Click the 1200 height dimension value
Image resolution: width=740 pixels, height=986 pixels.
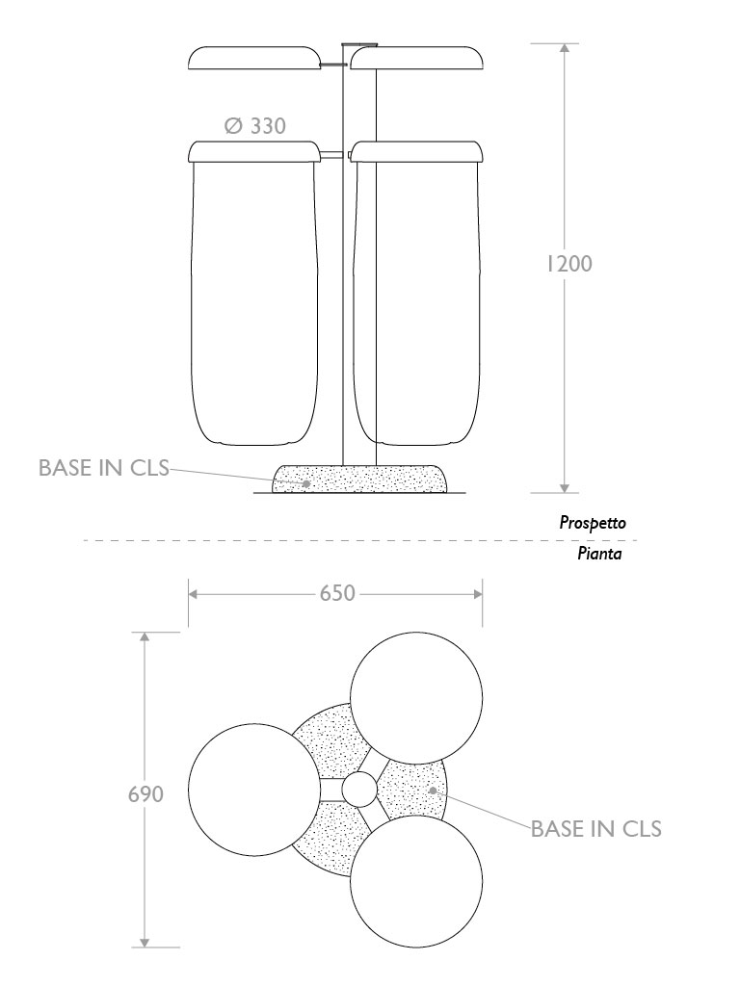(x=568, y=264)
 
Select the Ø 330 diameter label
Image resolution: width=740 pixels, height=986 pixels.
(x=254, y=126)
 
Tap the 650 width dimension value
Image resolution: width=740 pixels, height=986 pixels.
(x=337, y=593)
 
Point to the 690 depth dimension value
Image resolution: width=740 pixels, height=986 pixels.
(x=146, y=794)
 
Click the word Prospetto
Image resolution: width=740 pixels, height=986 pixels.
(x=593, y=523)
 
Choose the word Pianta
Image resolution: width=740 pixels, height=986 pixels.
(x=599, y=554)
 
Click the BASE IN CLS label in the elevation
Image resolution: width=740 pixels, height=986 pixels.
(x=104, y=468)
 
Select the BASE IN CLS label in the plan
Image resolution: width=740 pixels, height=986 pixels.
(x=596, y=829)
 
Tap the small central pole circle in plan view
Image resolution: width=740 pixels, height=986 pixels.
(x=359, y=790)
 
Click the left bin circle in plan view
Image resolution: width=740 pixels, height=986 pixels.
(x=254, y=790)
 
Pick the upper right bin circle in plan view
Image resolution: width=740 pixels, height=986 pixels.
(x=416, y=698)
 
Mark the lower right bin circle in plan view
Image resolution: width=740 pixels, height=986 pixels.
(x=416, y=882)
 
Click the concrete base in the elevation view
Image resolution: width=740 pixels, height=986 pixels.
(x=359, y=480)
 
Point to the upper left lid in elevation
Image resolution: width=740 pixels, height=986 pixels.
(x=254, y=58)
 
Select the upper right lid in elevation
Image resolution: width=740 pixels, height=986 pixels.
(x=416, y=58)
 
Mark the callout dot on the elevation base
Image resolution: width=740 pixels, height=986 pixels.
(x=306, y=483)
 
